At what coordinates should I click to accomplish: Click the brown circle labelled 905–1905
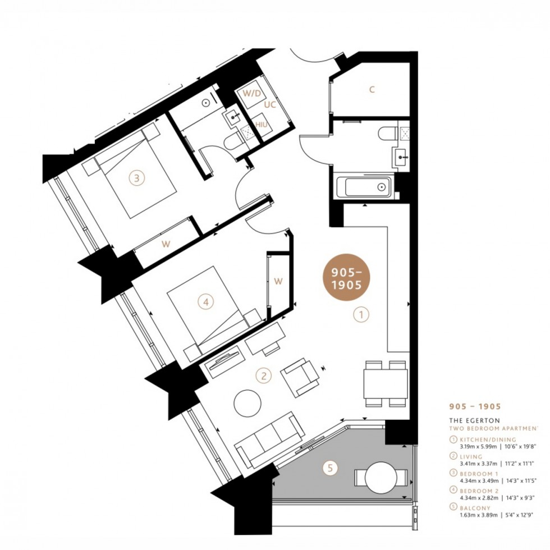pos(346,278)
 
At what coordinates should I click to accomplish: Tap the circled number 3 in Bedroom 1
pos(136,178)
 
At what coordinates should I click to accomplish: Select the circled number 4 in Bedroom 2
pos(207,302)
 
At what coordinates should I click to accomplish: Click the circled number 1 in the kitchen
pos(361,315)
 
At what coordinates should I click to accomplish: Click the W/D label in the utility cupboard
pos(250,93)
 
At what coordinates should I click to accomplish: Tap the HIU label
pos(261,123)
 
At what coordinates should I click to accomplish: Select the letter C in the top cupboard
pos(372,89)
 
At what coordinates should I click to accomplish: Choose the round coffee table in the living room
pos(247,403)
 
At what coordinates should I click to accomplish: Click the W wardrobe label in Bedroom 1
pos(166,244)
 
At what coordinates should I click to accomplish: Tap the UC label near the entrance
pos(270,105)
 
